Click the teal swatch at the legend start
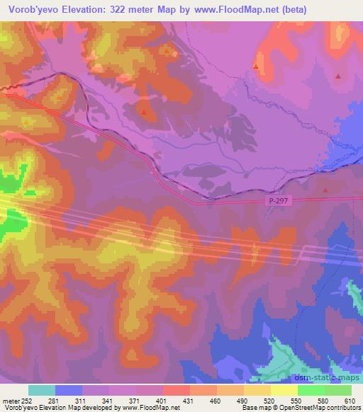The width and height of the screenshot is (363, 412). point(42,390)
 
